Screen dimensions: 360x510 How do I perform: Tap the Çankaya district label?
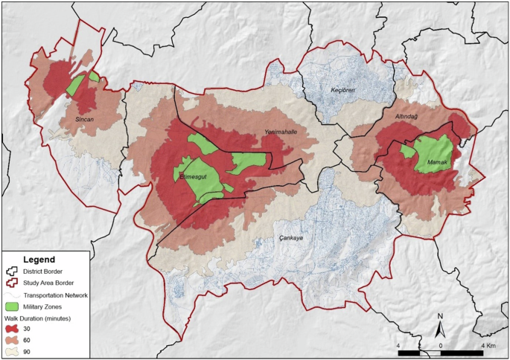(290, 238)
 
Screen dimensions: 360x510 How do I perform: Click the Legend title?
(39, 260)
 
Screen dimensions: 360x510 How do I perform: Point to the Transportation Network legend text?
(57, 295)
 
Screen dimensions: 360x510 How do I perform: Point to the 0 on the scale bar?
(442, 346)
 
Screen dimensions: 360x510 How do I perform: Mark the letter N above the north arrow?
(440, 316)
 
